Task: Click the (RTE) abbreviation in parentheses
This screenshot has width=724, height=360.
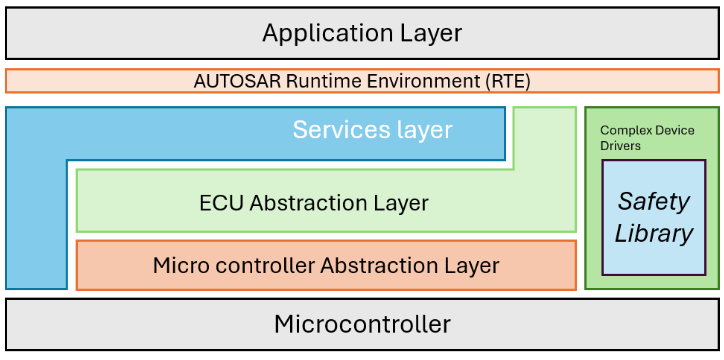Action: (507, 81)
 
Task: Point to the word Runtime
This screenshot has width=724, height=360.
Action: (312, 81)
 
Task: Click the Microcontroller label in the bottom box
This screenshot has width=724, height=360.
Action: (362, 324)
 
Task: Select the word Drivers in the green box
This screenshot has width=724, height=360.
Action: (620, 146)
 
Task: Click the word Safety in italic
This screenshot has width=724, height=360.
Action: (654, 201)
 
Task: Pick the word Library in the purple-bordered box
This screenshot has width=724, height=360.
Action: (654, 234)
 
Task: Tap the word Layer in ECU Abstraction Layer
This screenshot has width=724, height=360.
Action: (402, 203)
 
